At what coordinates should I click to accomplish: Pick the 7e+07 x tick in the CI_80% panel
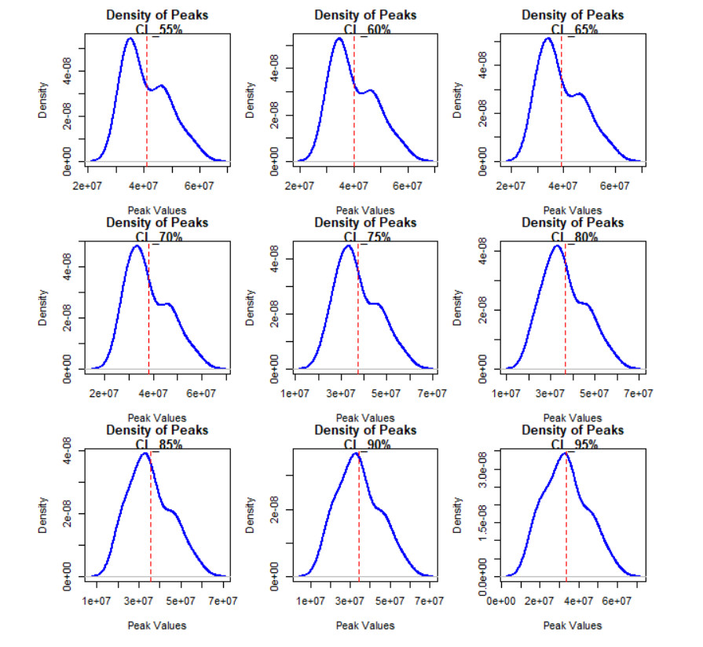(x=638, y=393)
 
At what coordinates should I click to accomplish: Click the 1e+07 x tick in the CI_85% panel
(x=97, y=601)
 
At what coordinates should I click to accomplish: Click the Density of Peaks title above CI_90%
(x=365, y=430)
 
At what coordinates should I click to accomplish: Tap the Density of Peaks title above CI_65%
(x=573, y=15)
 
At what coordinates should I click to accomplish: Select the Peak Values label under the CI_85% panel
(x=157, y=625)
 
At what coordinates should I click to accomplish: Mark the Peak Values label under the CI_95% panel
(x=573, y=625)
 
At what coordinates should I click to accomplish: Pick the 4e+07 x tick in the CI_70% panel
(x=152, y=393)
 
